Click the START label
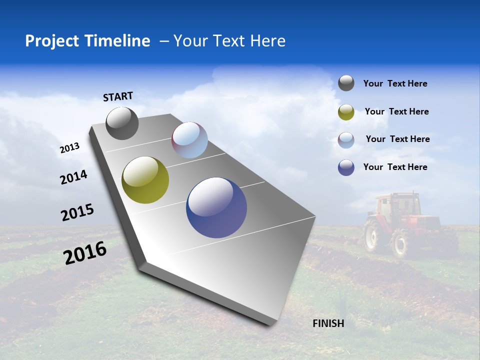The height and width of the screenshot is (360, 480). coord(118,96)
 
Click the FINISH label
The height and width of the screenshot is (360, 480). coord(328,323)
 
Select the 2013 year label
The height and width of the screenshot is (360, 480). coord(69,148)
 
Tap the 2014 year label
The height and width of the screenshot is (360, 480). coord(73,177)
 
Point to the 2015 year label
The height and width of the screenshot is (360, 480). coord(77,212)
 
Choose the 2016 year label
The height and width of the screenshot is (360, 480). coord(85,252)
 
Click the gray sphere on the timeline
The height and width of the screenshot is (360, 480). coord(122,123)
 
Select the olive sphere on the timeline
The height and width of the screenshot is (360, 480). coord(145,180)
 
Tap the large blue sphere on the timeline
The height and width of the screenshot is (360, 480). coord(216,207)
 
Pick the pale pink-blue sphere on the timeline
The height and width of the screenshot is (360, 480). coord(189,140)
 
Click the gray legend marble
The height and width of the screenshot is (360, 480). coord(346,83)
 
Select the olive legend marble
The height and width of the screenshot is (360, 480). coord(346,112)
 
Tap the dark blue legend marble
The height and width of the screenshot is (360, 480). coord(346,167)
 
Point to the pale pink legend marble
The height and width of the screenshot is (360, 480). coord(346,139)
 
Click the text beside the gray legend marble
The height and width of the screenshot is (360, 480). coord(395,83)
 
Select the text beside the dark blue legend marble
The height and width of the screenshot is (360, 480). coord(395,167)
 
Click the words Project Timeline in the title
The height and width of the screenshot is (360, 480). coord(87,41)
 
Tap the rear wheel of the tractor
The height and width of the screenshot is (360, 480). coord(400,243)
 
